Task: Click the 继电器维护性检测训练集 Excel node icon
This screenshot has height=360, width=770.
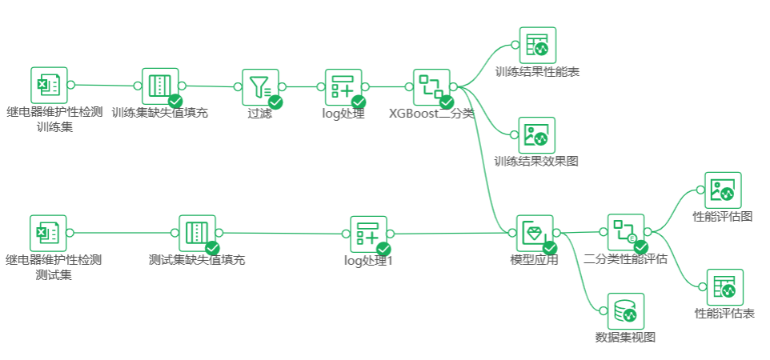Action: [49, 85]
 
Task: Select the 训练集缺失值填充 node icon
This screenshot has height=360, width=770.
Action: [160, 86]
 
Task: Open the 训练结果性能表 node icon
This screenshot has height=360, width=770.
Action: [537, 46]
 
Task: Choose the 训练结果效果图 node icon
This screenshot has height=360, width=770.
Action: [537, 135]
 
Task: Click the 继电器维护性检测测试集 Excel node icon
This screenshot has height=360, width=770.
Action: [49, 233]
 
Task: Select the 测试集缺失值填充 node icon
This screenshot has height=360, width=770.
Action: [197, 233]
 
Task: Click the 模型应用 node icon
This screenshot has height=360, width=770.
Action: [535, 233]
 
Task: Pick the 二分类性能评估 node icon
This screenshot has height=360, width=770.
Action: [626, 232]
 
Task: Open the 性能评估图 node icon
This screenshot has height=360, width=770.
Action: [723, 190]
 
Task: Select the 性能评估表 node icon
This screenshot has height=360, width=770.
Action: [724, 287]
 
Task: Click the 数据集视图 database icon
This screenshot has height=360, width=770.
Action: [625, 311]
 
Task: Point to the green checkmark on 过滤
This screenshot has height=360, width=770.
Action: [275, 102]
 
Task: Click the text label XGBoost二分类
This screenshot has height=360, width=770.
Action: [431, 114]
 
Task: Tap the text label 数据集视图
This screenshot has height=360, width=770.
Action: [626, 337]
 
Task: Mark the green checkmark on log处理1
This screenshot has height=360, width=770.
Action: [383, 249]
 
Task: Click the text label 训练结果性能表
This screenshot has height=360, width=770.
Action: [537, 72]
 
